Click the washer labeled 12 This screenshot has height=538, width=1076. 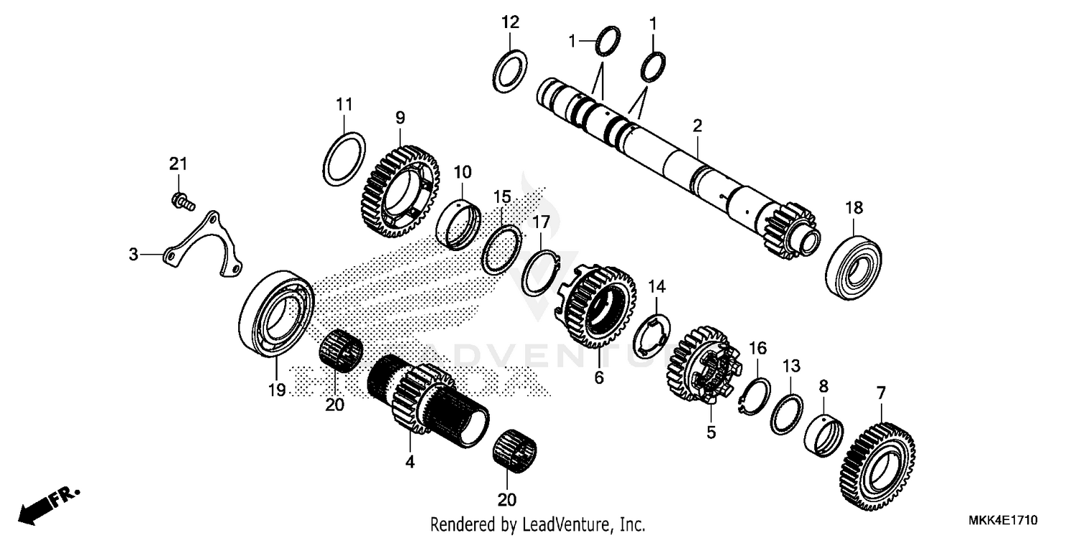[511, 71]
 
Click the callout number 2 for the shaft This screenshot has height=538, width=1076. [697, 126]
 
